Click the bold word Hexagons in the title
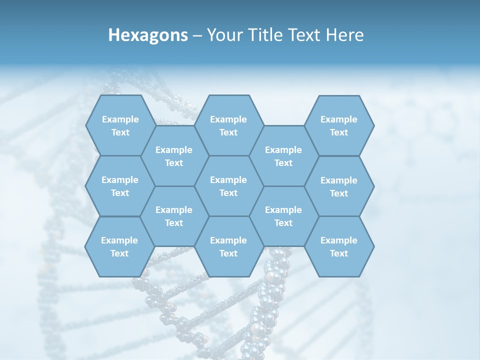pyautogui.click(x=148, y=35)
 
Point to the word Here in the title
pyautogui.click(x=345, y=35)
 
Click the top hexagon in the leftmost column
pyautogui.click(x=120, y=125)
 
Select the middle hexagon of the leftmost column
pyautogui.click(x=120, y=186)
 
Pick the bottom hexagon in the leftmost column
pyautogui.click(x=119, y=246)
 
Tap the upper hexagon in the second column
pyautogui.click(x=174, y=156)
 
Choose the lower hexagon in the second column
pyautogui.click(x=174, y=216)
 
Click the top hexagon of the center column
pyautogui.click(x=228, y=125)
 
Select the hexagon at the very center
pyautogui.click(x=228, y=186)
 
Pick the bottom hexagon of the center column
pyautogui.click(x=228, y=246)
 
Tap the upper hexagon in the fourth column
pyautogui.click(x=283, y=156)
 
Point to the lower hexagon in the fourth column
pyautogui.click(x=283, y=216)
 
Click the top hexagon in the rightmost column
pyautogui.click(x=339, y=125)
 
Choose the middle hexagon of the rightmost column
pyautogui.click(x=339, y=186)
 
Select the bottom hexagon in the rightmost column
pyautogui.click(x=339, y=246)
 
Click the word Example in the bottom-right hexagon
pyautogui.click(x=339, y=240)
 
